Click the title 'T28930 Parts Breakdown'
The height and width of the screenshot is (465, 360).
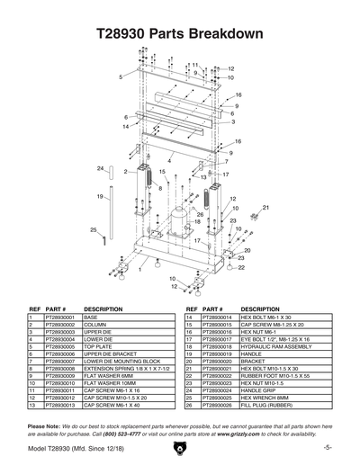pos(179,35)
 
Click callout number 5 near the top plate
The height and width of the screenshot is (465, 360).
pos(120,77)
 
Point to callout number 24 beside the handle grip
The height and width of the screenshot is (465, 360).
pos(101,168)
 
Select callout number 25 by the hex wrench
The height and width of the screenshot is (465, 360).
pos(94,230)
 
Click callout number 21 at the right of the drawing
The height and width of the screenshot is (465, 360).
pos(266,207)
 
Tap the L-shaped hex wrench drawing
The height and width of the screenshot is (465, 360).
pos(105,240)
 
